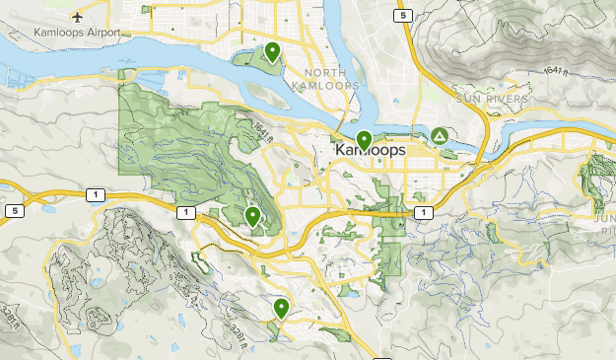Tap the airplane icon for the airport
pyautogui.click(x=77, y=17)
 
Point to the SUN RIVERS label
pyautogui.click(x=493, y=100)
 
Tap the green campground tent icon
pyautogui.click(x=439, y=135)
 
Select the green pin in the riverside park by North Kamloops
pyautogui.click(x=271, y=51)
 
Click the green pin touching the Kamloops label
pyautogui.click(x=364, y=140)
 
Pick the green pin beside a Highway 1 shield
pyautogui.click(x=253, y=216)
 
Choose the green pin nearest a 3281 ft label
pyautogui.click(x=281, y=308)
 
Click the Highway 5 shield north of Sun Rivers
pyautogui.click(x=401, y=16)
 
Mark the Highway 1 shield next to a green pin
pyautogui.click(x=183, y=212)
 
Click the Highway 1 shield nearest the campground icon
pyautogui.click(x=423, y=212)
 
